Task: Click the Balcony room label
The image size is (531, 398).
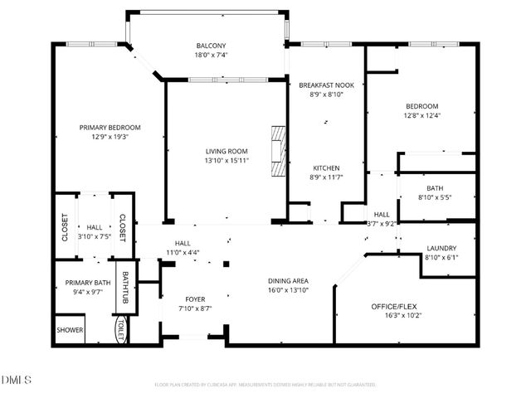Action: point(211,46)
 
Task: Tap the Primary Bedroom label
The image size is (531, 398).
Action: point(110,127)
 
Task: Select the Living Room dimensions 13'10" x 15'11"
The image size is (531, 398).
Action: point(227,160)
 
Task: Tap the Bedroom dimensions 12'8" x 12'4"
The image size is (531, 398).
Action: point(421,116)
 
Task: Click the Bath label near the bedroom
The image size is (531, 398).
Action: point(436,188)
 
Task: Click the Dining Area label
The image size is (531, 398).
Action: point(289,281)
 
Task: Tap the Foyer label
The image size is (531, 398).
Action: point(195,298)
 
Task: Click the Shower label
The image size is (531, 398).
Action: point(70,329)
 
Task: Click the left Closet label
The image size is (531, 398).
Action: point(65,227)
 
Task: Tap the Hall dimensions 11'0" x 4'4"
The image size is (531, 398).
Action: point(183,252)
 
